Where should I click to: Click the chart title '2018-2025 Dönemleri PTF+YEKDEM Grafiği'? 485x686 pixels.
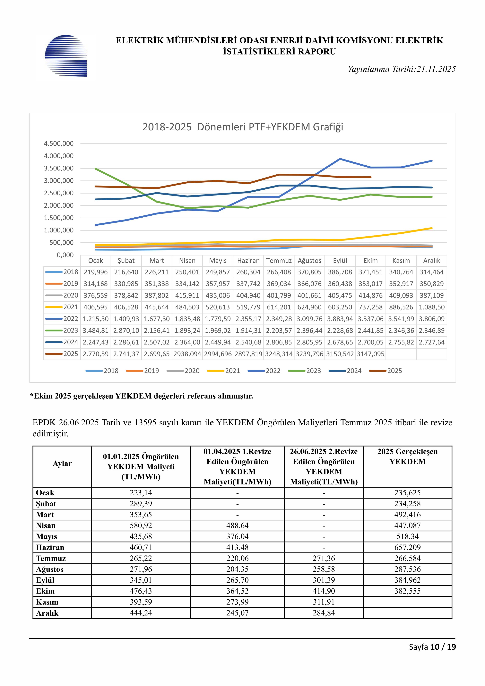[x=242, y=127]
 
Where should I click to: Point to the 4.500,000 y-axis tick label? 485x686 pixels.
[x=59, y=144]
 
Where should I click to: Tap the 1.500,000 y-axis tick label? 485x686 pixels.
[x=59, y=218]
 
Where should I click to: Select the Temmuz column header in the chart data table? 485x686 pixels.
[x=279, y=261]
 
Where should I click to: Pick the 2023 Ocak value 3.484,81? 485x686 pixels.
[x=95, y=330]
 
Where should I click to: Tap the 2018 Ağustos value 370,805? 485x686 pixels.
[x=309, y=272]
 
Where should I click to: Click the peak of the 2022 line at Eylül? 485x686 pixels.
[x=340, y=159]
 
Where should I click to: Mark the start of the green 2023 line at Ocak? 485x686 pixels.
[x=96, y=169]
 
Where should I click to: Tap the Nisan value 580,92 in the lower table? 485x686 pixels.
[x=141, y=525]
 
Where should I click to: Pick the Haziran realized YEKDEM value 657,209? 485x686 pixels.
[x=407, y=547]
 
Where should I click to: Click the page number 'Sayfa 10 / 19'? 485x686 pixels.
[x=432, y=647]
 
